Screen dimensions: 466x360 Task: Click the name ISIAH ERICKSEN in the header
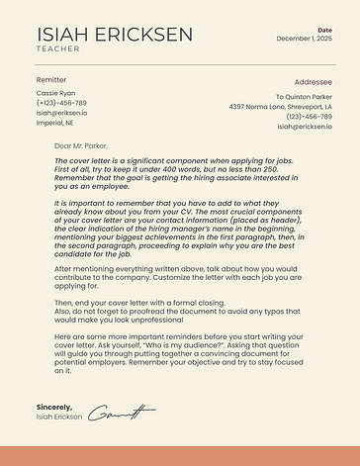coord(115,35)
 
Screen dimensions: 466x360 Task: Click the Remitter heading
coord(51,79)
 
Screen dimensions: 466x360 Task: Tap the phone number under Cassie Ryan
coord(61,103)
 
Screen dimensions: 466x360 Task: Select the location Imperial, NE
coord(58,124)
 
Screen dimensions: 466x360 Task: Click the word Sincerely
coord(54,407)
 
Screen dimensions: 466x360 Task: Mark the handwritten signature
coord(123,412)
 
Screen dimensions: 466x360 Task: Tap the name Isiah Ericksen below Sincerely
coord(60,418)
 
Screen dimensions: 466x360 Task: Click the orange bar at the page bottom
coord(180,455)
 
